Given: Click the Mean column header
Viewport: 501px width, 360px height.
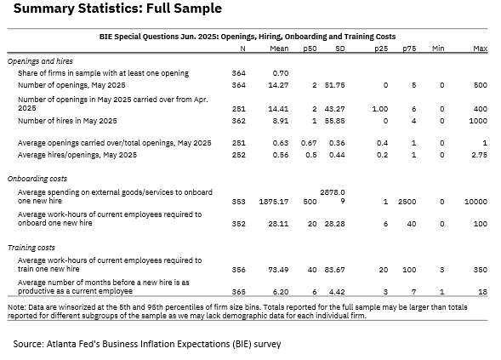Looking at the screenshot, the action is [x=279, y=49].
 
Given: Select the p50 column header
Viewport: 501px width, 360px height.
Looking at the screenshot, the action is [x=310, y=49].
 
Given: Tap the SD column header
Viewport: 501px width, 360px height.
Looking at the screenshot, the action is [x=340, y=49].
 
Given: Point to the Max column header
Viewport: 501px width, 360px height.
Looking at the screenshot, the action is [x=481, y=49].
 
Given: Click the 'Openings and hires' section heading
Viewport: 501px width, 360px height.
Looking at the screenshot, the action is [x=40, y=61].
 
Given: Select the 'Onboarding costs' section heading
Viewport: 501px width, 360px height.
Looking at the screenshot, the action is [x=37, y=179].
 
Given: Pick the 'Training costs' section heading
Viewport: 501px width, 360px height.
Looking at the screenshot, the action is [x=31, y=248].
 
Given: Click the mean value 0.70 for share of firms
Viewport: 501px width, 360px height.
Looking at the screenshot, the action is [x=281, y=73].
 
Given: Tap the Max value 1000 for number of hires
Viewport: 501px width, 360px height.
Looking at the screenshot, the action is [x=478, y=121].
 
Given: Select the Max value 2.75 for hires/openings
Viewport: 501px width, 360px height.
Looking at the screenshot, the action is [x=479, y=155].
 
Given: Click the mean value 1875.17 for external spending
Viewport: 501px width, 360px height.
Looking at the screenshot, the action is [x=274, y=202].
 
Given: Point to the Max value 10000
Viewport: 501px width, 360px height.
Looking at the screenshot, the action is [x=475, y=202].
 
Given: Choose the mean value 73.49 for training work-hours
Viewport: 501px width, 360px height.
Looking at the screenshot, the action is [x=278, y=270].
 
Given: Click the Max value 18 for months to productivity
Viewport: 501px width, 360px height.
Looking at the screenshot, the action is [x=483, y=292].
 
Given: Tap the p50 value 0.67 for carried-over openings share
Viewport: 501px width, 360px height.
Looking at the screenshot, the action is [x=309, y=143].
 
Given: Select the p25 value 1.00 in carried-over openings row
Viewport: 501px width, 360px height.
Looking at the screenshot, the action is [x=380, y=109].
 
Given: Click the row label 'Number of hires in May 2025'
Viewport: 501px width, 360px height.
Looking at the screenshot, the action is [x=67, y=121].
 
